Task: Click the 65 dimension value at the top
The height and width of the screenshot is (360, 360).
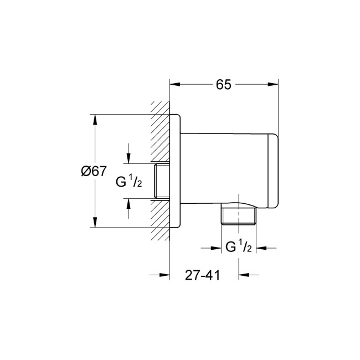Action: (x=223, y=85)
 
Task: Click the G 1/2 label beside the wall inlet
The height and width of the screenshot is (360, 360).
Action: (x=129, y=181)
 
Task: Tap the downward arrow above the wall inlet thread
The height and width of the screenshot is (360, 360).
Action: (x=128, y=158)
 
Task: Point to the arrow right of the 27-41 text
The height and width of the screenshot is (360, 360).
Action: (x=244, y=275)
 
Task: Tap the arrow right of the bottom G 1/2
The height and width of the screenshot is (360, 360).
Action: (x=261, y=248)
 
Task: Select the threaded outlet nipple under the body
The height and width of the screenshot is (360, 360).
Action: (x=239, y=216)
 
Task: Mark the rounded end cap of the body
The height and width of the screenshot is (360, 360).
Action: (x=272, y=172)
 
